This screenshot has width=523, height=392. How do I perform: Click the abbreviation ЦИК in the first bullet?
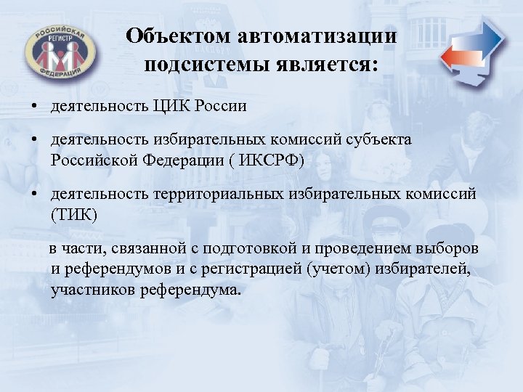pyautogui.click(x=168, y=107)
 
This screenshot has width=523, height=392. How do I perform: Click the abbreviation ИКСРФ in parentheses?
pyautogui.click(x=266, y=159)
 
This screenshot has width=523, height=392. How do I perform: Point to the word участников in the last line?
pyautogui.click(x=88, y=290)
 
